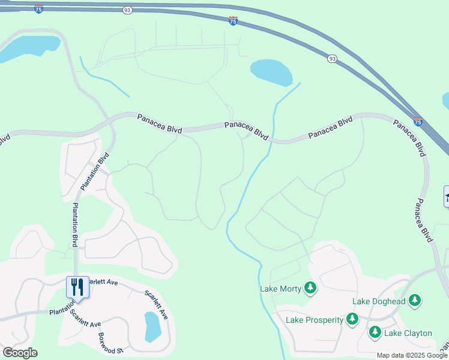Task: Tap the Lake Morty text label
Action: click(x=280, y=289)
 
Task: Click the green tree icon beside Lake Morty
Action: click(x=310, y=289)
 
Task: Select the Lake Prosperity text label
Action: click(x=314, y=320)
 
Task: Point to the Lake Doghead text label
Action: click(x=379, y=301)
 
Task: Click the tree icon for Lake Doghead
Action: click(x=415, y=300)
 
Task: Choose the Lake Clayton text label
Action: click(x=408, y=333)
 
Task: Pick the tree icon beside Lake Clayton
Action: click(x=375, y=332)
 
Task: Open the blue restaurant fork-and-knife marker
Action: click(x=77, y=287)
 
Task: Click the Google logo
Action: click(x=20, y=353)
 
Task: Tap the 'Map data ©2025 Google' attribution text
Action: click(x=412, y=355)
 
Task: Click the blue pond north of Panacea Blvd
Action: click(x=271, y=71)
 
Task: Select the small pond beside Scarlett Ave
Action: click(x=153, y=326)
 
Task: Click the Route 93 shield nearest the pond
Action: click(x=332, y=58)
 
